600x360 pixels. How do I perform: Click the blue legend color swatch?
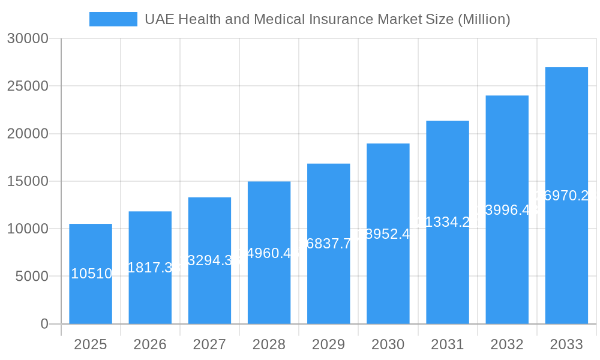[113, 19]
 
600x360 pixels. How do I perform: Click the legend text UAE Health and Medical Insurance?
[327, 19]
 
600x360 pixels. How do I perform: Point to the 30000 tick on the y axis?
[27, 38]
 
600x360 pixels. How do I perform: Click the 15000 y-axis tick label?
[27, 181]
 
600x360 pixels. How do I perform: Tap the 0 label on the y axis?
[44, 324]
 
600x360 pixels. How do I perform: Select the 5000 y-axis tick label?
[31, 277]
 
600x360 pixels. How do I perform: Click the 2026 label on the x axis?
[150, 344]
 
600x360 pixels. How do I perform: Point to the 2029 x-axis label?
[328, 344]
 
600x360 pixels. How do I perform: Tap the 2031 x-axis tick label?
[448, 344]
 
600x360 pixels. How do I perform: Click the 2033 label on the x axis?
[566, 344]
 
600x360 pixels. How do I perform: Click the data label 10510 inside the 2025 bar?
[91, 274]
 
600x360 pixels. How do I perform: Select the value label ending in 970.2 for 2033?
[566, 196]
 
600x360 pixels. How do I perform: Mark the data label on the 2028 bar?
[269, 253]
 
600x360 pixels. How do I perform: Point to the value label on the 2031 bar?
[448, 222]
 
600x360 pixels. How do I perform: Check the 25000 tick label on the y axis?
[27, 86]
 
